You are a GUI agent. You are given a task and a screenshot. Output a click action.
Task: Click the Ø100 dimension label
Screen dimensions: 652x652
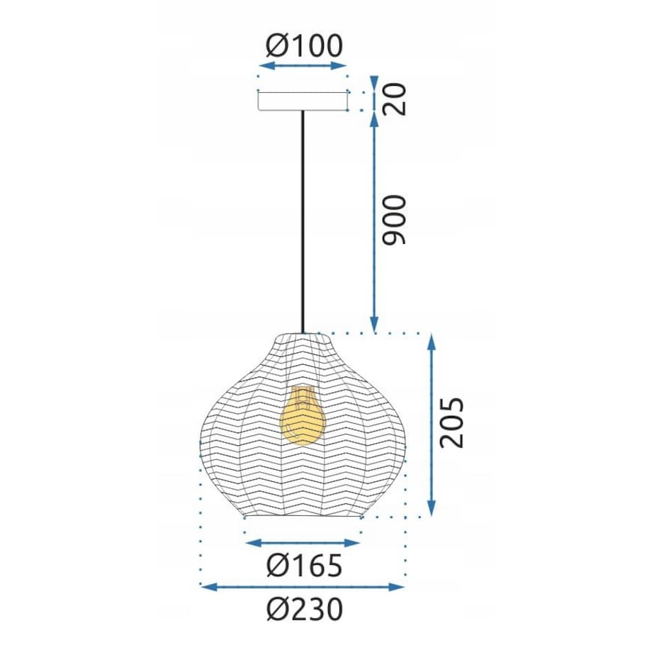[304, 45]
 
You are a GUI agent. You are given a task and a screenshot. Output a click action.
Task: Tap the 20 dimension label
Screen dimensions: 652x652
[394, 99]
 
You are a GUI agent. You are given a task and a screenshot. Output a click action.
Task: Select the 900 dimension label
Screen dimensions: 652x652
[394, 220]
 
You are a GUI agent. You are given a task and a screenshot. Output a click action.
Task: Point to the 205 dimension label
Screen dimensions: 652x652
[451, 423]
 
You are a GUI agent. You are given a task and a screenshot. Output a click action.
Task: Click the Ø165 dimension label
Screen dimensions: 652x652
[304, 566]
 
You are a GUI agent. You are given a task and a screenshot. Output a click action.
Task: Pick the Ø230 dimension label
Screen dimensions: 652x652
[304, 609]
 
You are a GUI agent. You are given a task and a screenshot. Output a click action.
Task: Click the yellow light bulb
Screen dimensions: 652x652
[303, 416]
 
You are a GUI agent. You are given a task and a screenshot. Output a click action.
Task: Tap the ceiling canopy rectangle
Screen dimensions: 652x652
[303, 101]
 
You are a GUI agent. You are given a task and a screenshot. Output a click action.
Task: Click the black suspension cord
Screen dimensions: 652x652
[303, 222]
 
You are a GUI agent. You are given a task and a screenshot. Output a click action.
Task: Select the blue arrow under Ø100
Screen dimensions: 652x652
[303, 66]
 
